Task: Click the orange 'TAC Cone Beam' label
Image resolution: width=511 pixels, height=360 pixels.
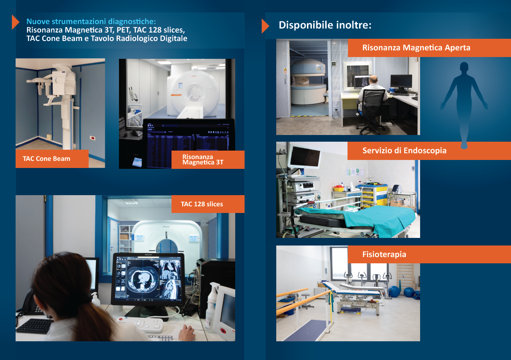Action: coord(52,159)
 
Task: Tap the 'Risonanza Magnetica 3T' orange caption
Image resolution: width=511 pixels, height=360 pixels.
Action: coord(208,160)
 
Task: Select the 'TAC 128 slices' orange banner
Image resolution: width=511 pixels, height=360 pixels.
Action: coord(208,204)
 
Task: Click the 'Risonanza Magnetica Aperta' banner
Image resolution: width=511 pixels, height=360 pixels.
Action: coord(429,48)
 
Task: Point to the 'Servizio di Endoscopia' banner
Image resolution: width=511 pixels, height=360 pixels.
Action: coord(429,151)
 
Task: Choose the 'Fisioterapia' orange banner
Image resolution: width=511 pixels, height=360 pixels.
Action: coord(429,254)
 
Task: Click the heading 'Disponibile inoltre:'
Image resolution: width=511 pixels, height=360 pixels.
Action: coord(325,25)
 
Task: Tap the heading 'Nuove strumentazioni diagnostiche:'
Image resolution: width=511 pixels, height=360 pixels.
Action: coord(91,21)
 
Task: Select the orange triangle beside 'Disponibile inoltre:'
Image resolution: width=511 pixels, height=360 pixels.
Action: coord(265,26)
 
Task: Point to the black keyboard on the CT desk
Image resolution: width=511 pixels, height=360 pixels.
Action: coord(35,326)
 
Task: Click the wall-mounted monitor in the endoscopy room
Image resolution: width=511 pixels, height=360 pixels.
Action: coord(304,157)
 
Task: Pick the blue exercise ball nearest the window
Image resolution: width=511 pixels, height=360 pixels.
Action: coord(394,291)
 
